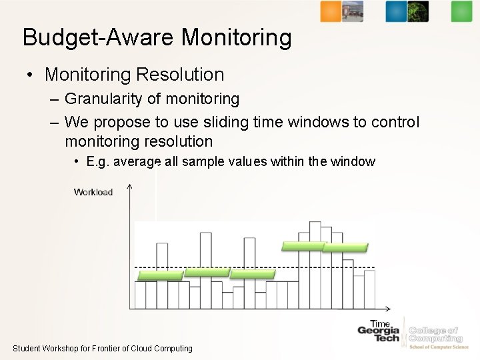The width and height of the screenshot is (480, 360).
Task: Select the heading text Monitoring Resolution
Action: click(x=134, y=74)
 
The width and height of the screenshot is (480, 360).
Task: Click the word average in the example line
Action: click(x=137, y=162)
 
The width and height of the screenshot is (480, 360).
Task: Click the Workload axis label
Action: click(x=93, y=193)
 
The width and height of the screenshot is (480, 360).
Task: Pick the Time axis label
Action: click(x=380, y=324)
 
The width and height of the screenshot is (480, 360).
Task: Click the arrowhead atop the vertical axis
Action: click(x=129, y=187)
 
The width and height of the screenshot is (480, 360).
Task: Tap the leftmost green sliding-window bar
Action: click(x=160, y=275)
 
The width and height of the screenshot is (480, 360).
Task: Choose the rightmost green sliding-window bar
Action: click(x=345, y=247)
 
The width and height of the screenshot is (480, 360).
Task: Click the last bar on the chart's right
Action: click(x=369, y=289)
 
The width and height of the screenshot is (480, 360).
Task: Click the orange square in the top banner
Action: click(x=331, y=11)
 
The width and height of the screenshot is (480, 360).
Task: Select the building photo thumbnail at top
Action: click(x=353, y=11)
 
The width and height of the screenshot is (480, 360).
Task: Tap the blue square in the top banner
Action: click(x=396, y=11)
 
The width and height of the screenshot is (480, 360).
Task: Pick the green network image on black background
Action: click(x=418, y=11)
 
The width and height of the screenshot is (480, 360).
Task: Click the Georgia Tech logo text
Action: click(x=379, y=334)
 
